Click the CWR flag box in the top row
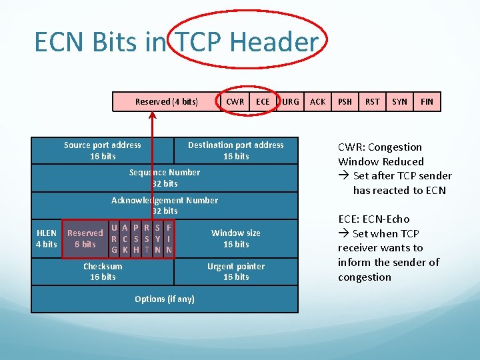pyautogui.click(x=235, y=101)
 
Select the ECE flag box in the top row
pyautogui.click(x=263, y=101)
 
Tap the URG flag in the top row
pyautogui.click(x=290, y=101)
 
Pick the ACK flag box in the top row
pyautogui.click(x=318, y=101)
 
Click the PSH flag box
pyautogui.click(x=345, y=101)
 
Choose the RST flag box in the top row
pyautogui.click(x=373, y=101)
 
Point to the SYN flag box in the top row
pyautogui.click(x=399, y=101)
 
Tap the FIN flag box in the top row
pyautogui.click(x=427, y=101)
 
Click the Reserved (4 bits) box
pyautogui.click(x=166, y=101)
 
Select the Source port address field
pyautogui.click(x=103, y=151)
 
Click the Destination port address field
pyautogui.click(x=236, y=151)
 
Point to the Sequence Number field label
pyautogui.click(x=165, y=178)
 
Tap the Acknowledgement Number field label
pyautogui.click(x=165, y=205)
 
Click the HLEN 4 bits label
pyautogui.click(x=46, y=239)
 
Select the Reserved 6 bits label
pyautogui.click(x=85, y=239)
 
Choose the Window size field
pyautogui.click(x=236, y=239)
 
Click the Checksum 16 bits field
pyautogui.click(x=103, y=271)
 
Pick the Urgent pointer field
pyautogui.click(x=236, y=271)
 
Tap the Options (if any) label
pyautogui.click(x=165, y=299)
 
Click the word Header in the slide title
pyautogui.click(x=274, y=43)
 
